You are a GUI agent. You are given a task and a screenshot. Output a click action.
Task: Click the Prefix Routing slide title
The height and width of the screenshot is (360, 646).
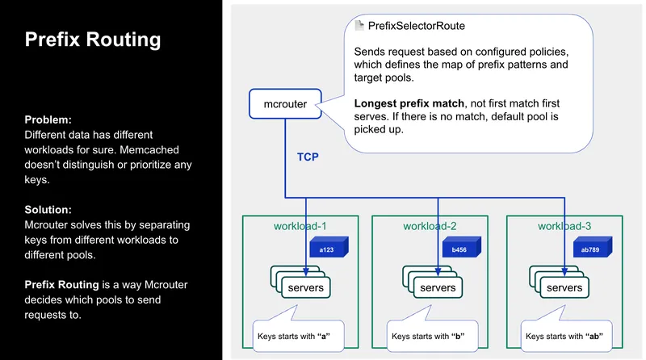coord(93,40)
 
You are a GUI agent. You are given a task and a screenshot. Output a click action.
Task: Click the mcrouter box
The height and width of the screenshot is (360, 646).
coord(284,103)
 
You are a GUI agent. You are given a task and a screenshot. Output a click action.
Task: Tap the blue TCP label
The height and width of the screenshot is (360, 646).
coord(308,157)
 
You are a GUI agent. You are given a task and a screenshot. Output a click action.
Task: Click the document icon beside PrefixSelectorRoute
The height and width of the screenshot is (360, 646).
coord(359,27)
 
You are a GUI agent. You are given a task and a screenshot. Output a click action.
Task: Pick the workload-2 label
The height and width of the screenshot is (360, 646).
coord(430,226)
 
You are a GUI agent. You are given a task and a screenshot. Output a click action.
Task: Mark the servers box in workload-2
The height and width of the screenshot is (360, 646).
coord(436,287)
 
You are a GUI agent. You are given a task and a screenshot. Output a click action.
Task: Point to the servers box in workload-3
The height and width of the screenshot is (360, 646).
coord(563,287)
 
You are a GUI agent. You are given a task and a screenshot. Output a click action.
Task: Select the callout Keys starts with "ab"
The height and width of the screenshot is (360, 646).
coord(564,335)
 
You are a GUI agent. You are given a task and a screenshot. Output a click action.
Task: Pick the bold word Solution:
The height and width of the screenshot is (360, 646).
coord(50,209)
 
